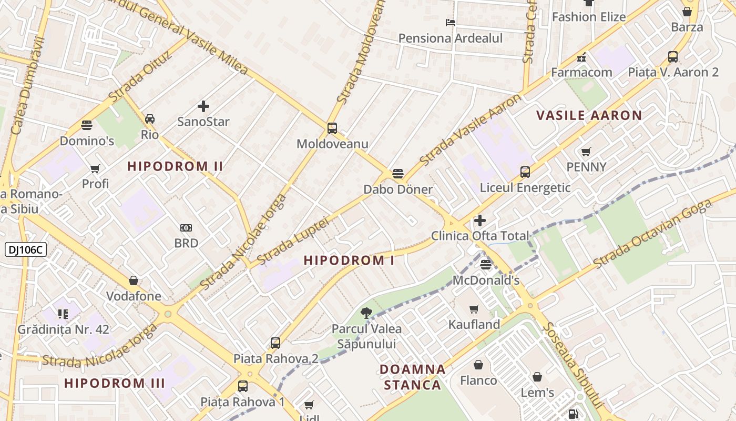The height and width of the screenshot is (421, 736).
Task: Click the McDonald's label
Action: pos(486,280)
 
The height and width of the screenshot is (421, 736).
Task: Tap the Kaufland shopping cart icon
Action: pos(474,309)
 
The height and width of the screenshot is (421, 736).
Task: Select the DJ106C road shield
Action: pos(26,249)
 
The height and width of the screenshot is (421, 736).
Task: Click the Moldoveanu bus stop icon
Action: pos(332,128)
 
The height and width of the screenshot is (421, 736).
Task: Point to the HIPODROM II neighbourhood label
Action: pos(175,167)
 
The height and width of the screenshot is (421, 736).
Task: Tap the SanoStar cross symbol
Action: pos(203,107)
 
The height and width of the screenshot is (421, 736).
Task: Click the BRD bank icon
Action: pos(186,228)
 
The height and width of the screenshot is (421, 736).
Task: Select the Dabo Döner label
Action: pos(398,189)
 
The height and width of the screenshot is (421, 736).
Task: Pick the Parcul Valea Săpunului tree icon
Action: pos(366,314)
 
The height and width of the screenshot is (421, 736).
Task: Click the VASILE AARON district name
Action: pos(589,116)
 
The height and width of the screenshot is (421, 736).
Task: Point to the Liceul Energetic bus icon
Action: pos(525,172)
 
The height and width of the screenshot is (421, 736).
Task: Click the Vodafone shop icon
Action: pos(134,280)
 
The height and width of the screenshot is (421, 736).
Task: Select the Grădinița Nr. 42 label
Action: pos(63,329)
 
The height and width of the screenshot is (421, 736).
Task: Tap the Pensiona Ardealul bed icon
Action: pos(451,23)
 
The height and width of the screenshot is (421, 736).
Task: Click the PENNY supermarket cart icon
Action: pos(586,152)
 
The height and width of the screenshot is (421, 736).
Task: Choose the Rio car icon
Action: pos(150,119)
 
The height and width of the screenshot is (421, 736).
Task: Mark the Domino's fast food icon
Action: pos(87,125)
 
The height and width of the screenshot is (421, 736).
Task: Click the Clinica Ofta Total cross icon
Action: pos(479,220)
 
